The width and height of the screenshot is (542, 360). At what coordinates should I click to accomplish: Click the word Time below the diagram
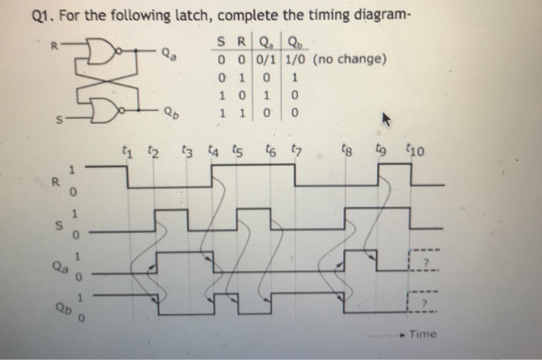point(424,334)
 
